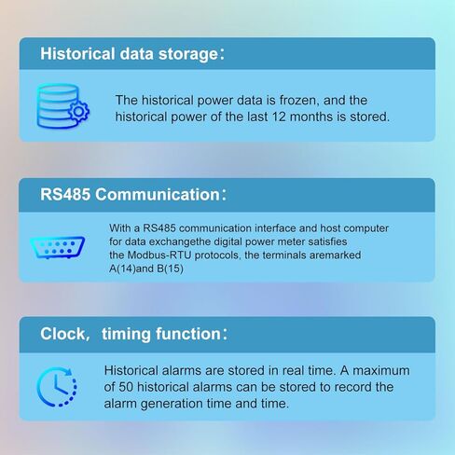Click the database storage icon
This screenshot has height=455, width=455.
(x=62, y=106)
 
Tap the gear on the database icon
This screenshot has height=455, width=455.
(x=78, y=111)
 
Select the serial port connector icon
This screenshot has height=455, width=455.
(x=58, y=247)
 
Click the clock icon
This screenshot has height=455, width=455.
(x=57, y=387)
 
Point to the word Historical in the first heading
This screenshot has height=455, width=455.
(x=77, y=53)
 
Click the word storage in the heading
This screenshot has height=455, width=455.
(x=188, y=54)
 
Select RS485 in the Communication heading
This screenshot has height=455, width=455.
(x=65, y=195)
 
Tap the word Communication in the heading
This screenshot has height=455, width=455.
(x=158, y=195)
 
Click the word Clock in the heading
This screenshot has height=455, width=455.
(x=63, y=334)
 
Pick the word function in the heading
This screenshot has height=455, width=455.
(x=188, y=334)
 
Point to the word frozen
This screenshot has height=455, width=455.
(x=299, y=101)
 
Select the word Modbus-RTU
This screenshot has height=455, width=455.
(x=159, y=255)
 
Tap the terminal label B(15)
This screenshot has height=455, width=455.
(x=170, y=269)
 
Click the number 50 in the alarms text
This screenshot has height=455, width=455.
(x=126, y=387)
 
